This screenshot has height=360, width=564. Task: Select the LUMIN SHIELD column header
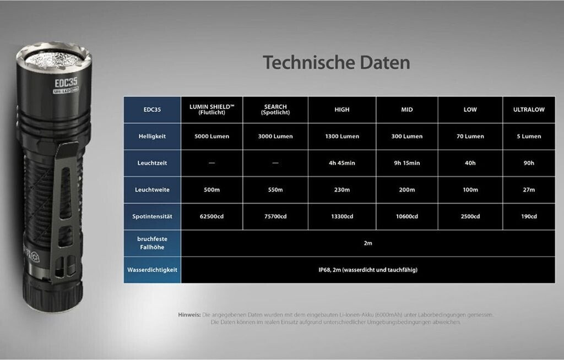212,110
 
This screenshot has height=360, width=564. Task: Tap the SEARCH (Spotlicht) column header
275,110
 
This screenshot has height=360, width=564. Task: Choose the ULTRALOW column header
529,110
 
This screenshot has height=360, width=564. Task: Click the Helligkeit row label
152,137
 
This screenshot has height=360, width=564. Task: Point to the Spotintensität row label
152,216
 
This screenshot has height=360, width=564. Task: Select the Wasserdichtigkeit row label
152,270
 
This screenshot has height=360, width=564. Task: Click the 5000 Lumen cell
212,137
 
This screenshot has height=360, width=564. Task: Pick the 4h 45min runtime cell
341,163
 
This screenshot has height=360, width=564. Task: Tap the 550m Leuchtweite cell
275,189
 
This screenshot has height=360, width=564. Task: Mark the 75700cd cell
275,216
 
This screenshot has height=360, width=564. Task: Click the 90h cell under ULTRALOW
529,163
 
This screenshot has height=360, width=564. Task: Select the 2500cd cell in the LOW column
470,216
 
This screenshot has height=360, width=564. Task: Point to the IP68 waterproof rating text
367,270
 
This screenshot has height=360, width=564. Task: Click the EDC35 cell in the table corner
152,110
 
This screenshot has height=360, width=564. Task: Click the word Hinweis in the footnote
189,315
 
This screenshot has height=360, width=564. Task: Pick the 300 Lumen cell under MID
407,137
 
